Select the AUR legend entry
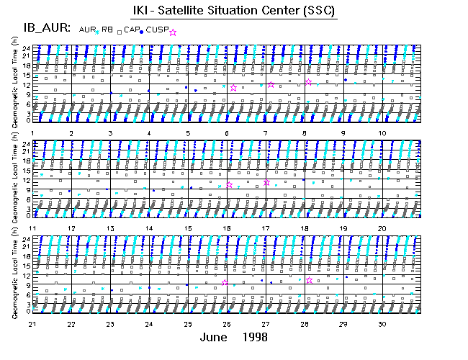coord(87,30)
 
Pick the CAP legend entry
coord(131,30)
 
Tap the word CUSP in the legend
coord(157,30)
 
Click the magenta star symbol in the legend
coord(173,32)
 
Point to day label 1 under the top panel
coord(32,134)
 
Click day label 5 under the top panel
coord(188,134)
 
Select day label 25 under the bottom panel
coord(188,324)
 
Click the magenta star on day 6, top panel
coord(233,88)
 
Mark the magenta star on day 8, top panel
coord(308,82)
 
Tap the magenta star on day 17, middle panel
coord(267,183)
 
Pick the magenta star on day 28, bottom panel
coord(310,280)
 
